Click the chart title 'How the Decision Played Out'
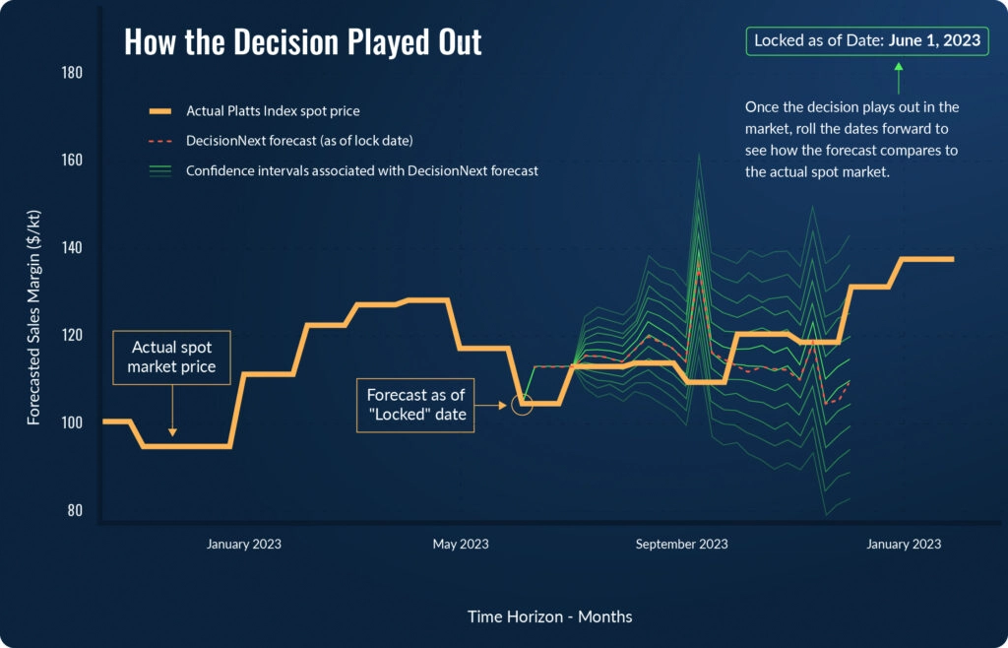coord(302,42)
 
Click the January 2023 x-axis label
coord(243,545)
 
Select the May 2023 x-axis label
coord(461,545)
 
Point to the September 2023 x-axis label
coord(681,545)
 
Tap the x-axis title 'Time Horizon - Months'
coord(549,616)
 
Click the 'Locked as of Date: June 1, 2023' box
coord(866,41)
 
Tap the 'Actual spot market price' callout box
coord(172,357)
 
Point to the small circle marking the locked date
coord(522,404)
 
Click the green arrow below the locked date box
coord(898,77)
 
